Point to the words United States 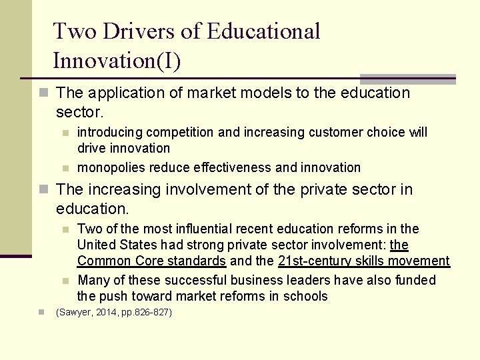(x=114, y=245)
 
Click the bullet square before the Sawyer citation (x=41, y=312)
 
